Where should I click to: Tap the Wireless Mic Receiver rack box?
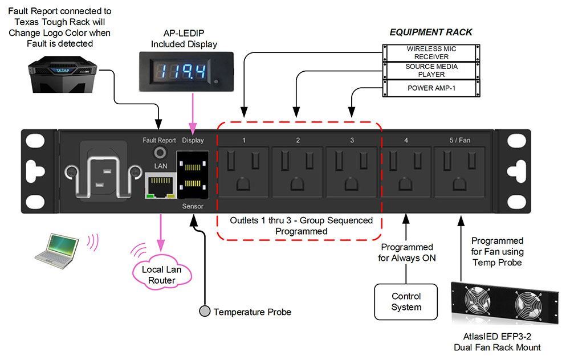431,53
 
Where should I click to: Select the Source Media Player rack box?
431,71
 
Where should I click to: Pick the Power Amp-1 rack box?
431,88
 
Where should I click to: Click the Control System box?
406,302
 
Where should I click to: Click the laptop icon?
56,250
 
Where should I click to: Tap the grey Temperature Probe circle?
204,312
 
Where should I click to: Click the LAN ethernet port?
159,186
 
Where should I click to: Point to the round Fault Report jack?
159,153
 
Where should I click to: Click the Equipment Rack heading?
431,32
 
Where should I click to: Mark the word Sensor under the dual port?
193,206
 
